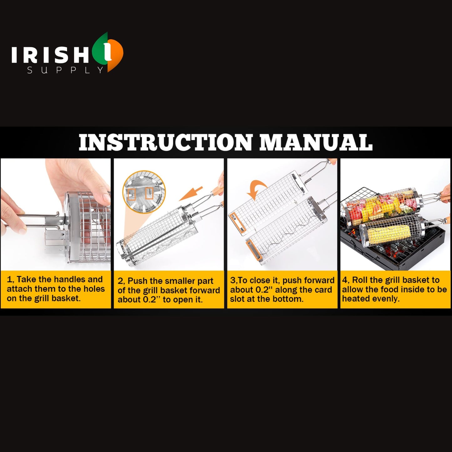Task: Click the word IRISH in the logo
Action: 50,55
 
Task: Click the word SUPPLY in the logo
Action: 65,70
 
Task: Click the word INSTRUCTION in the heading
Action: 165,142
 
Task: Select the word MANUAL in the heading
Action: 316,142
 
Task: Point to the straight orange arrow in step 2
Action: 191,194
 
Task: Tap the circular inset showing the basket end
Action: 144,192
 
